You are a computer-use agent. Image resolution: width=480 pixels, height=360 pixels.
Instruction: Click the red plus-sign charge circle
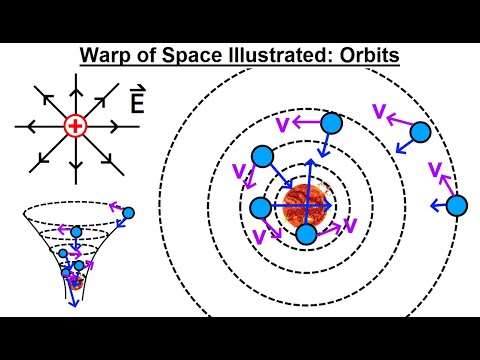[75, 126]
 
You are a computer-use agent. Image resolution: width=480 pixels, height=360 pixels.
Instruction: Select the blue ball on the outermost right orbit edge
[456, 205]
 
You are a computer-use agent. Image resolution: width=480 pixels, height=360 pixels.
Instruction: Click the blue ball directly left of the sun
[260, 208]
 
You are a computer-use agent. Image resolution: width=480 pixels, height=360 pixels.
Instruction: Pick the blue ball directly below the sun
[306, 235]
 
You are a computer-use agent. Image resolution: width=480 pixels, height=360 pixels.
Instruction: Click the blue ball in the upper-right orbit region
[420, 131]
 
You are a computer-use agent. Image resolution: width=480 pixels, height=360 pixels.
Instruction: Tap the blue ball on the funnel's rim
[128, 213]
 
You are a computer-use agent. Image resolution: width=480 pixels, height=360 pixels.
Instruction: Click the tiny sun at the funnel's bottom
[75, 281]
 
